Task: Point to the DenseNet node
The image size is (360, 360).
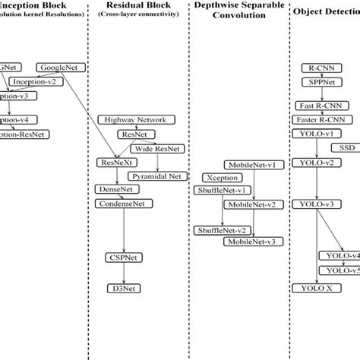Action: [x=113, y=189]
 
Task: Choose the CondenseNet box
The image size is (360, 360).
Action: [x=121, y=204]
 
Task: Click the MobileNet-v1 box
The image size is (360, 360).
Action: [x=252, y=164]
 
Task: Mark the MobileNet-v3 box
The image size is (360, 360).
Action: [x=251, y=242]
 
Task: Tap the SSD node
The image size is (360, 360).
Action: [x=346, y=147]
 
